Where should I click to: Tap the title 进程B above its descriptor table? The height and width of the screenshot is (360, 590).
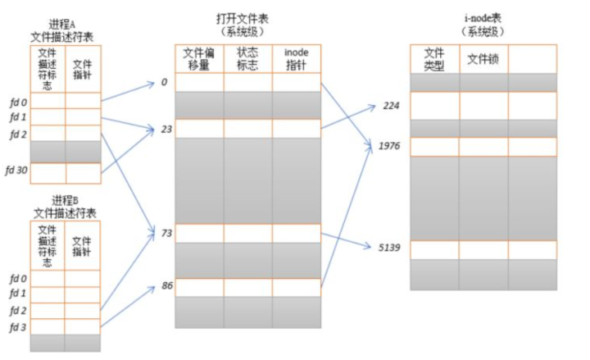64,201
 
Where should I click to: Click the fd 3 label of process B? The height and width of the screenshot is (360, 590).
17,328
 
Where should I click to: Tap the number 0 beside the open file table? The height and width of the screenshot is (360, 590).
164,82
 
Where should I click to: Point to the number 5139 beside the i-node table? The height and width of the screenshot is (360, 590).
388,247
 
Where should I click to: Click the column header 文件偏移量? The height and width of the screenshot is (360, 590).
199,58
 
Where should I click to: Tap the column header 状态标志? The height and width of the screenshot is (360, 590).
247,58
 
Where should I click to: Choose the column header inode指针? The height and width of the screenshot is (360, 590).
296,58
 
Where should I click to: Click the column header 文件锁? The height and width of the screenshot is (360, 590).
483,58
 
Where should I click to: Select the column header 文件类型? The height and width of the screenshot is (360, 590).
434,59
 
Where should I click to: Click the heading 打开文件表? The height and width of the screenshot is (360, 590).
246,18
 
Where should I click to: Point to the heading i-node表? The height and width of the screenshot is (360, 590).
483,18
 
